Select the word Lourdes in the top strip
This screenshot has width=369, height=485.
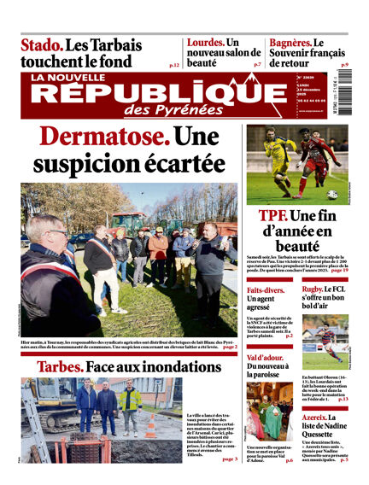coord(205,42)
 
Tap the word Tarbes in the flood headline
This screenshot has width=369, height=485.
coord(59,366)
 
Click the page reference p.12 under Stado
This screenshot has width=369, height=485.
coord(174,64)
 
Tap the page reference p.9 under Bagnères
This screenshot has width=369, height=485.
coord(344,64)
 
